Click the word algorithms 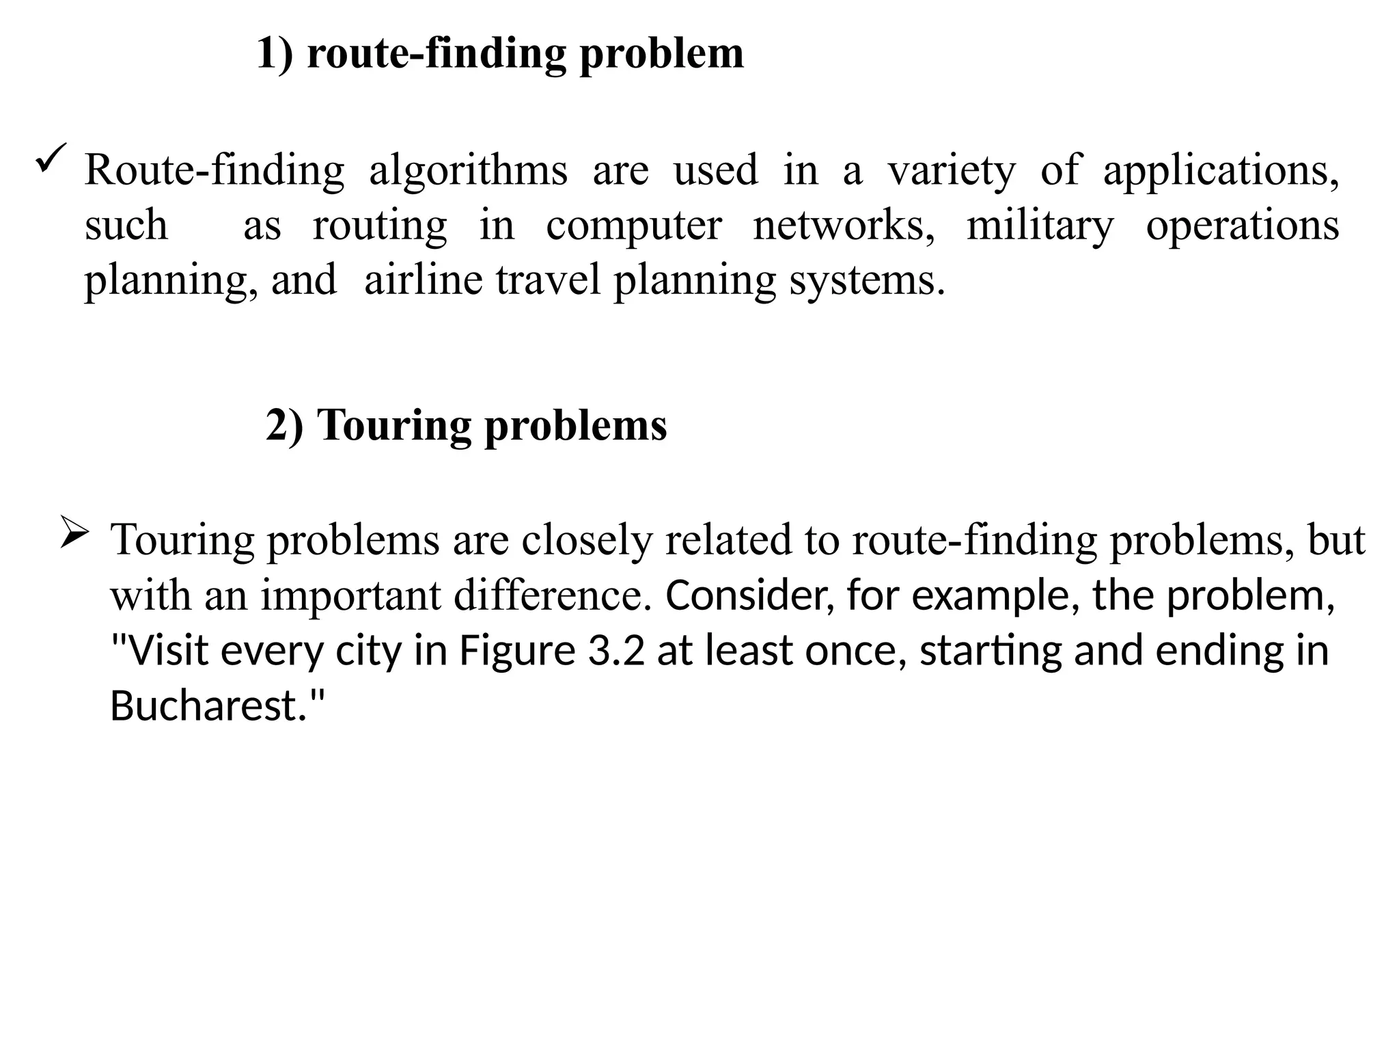[468, 170]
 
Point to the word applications [1220, 170]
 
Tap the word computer [633, 226]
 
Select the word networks [844, 225]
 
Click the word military [1040, 226]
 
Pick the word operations [1242, 226]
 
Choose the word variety [951, 170]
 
